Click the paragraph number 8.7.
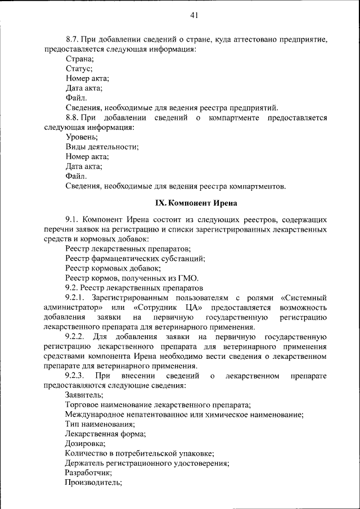pyautogui.click(x=73, y=39)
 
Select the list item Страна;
pyautogui.click(x=80, y=58)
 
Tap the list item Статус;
pyautogui.click(x=79, y=69)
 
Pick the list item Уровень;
pyautogui.click(x=82, y=137)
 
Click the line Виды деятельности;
pyautogui.click(x=102, y=147)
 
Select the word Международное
pyautogui.click(x=93, y=415)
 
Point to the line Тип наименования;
pyautogui.click(x=99, y=424)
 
